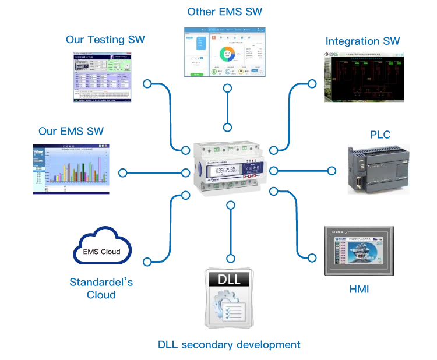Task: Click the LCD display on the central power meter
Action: (x=224, y=171)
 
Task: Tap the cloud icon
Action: (x=102, y=247)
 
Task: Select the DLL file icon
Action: (x=231, y=297)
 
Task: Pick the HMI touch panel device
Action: (x=358, y=251)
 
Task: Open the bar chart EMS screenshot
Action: (x=70, y=168)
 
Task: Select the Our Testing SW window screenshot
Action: (x=102, y=76)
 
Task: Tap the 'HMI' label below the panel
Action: (x=361, y=289)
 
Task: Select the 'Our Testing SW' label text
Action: (x=105, y=41)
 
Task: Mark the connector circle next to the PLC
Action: (x=332, y=171)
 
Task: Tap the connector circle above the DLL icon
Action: (x=231, y=205)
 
